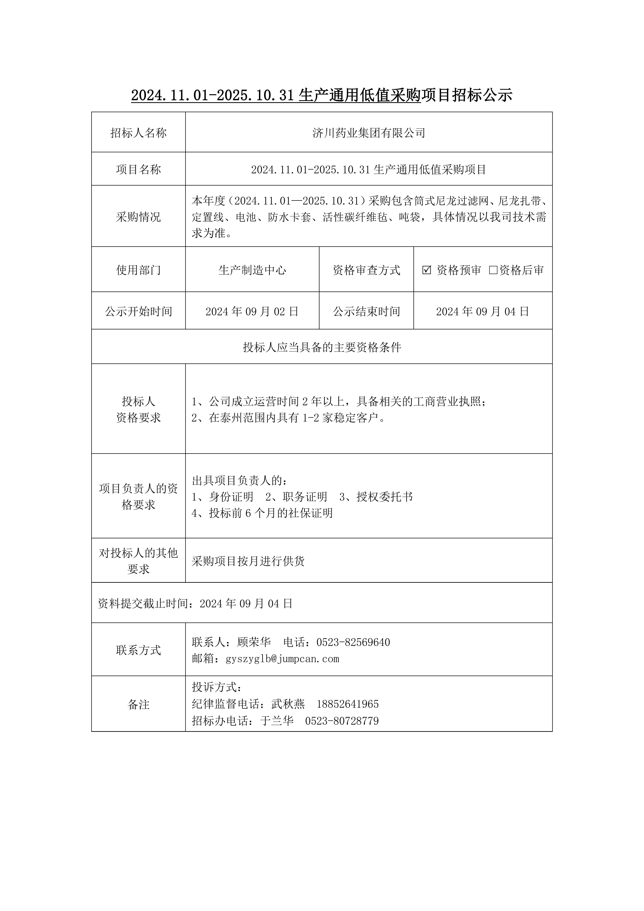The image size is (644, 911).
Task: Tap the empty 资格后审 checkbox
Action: tap(493, 270)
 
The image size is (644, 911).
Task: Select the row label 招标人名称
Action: tap(139, 133)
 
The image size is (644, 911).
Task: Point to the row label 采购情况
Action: tap(139, 217)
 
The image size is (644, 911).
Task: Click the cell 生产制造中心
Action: tap(252, 270)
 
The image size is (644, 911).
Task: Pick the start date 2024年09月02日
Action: tap(252, 312)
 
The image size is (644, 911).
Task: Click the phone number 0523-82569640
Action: tap(353, 642)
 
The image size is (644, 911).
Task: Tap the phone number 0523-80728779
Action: tap(342, 721)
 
